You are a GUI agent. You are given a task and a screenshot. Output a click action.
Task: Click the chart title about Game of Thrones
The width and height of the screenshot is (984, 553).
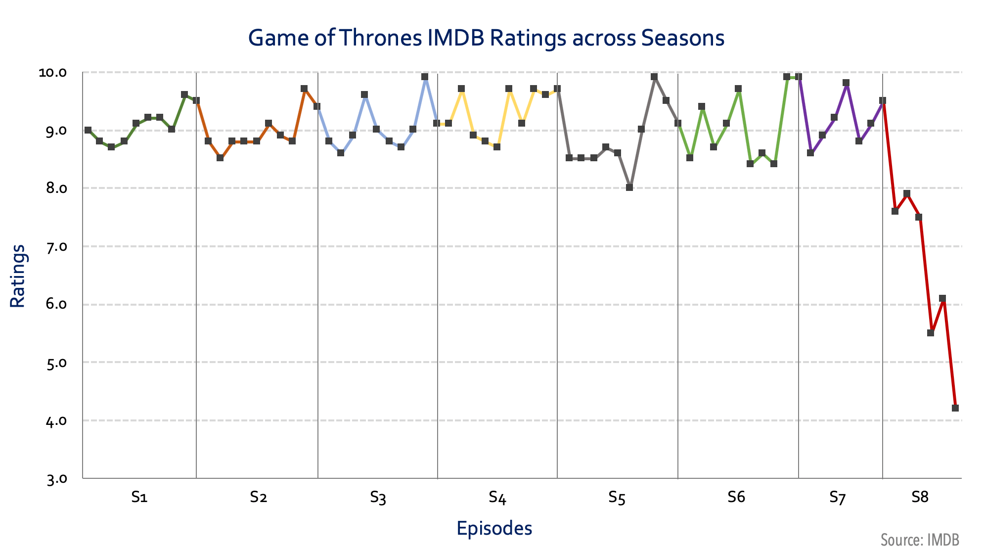[486, 38]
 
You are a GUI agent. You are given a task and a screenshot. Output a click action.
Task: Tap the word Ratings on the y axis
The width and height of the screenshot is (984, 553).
[18, 276]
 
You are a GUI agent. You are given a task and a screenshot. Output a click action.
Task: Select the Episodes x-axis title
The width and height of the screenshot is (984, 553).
[494, 528]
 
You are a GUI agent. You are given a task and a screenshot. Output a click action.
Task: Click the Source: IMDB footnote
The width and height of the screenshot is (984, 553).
[920, 540]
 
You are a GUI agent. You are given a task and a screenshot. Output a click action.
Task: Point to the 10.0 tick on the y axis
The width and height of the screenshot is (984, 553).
[52, 73]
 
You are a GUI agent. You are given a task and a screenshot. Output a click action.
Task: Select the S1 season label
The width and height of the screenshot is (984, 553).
[139, 497]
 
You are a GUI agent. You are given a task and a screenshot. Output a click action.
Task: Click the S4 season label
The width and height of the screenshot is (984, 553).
[497, 497]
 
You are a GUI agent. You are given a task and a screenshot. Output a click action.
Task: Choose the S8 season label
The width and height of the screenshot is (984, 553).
[920, 497]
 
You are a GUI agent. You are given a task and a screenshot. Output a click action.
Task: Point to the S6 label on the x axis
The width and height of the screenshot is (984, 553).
[736, 497]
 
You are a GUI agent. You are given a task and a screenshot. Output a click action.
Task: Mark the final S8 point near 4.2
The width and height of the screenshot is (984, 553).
[955, 408]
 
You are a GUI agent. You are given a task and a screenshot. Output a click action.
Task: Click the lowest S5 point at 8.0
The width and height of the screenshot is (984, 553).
[629, 187]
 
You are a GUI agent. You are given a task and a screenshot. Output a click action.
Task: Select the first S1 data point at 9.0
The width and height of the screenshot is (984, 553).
[88, 130]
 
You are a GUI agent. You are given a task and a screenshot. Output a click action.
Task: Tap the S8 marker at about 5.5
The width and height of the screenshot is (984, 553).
[931, 333]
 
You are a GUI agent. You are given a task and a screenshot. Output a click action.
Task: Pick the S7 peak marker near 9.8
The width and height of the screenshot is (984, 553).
[846, 83]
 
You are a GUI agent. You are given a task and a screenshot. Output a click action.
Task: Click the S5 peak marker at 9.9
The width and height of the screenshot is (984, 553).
[654, 77]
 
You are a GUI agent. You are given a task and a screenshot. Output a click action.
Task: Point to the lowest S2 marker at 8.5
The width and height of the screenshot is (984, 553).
[220, 158]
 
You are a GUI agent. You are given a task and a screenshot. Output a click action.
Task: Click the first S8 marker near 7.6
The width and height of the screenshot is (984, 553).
[895, 211]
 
